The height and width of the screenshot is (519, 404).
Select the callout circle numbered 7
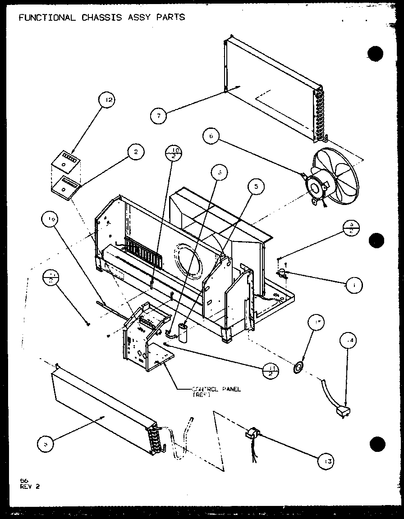click(x=159, y=116)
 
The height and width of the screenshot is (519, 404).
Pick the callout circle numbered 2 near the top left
click(x=134, y=153)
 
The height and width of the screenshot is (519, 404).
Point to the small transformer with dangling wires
click(x=251, y=434)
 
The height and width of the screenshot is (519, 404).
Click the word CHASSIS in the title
click(x=97, y=17)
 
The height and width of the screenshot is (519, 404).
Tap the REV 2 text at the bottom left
click(x=29, y=486)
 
